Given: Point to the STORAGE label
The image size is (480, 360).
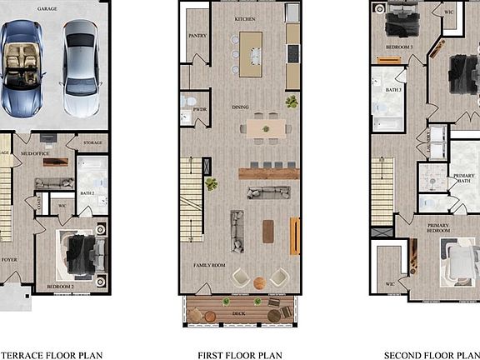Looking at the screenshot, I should pos(92,142).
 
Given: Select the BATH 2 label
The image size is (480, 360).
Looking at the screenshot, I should pos(87,192).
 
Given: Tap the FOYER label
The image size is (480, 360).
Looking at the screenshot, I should pos(8,259).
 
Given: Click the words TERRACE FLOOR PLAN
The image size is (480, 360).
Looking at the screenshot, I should pos(51,353).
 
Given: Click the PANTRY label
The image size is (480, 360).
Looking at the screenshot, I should pos(197,36).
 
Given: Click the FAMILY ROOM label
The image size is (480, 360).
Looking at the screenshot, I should pos(210,265).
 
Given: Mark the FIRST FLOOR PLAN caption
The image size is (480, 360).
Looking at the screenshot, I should pos(239,353).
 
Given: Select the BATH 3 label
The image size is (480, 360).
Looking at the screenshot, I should pos(393,89).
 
